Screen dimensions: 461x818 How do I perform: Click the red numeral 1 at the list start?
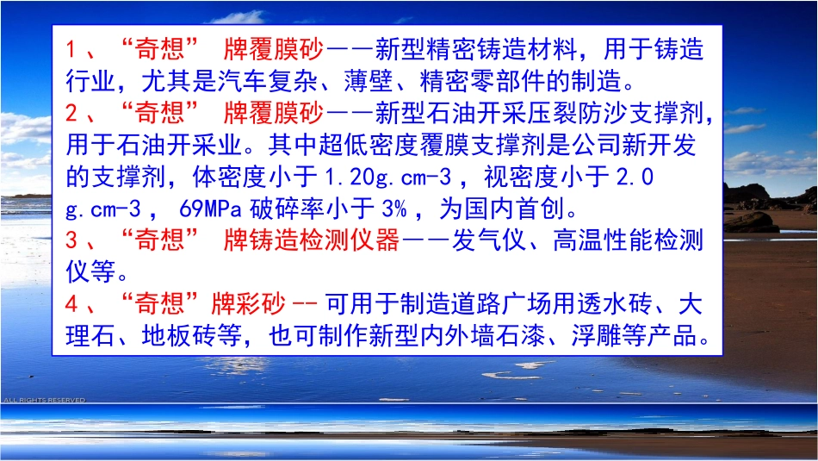point(72,50)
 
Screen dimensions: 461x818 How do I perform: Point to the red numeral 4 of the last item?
point(72,304)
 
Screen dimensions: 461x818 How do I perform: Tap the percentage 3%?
point(384,209)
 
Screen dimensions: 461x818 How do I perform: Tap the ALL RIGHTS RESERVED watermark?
point(43,400)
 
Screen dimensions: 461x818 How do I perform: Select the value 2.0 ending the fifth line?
point(637,178)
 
